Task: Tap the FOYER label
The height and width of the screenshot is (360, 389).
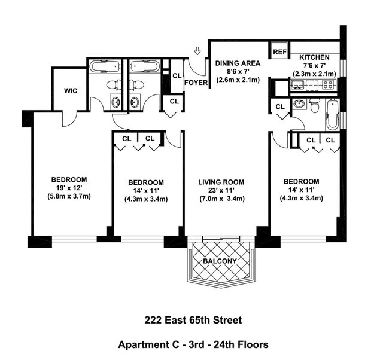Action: (195, 83)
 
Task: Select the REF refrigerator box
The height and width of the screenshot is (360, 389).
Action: (279, 52)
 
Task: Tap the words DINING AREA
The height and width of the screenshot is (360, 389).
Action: (238, 63)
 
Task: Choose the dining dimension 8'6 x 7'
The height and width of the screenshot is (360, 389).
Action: (238, 71)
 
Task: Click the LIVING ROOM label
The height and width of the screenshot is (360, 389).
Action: (221, 182)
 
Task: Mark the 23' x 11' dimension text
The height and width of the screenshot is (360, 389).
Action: (221, 191)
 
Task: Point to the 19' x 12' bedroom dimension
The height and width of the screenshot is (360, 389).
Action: (69, 188)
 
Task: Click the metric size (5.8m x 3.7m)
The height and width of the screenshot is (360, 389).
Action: (69, 196)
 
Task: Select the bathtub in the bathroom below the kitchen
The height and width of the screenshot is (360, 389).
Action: (332, 114)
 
